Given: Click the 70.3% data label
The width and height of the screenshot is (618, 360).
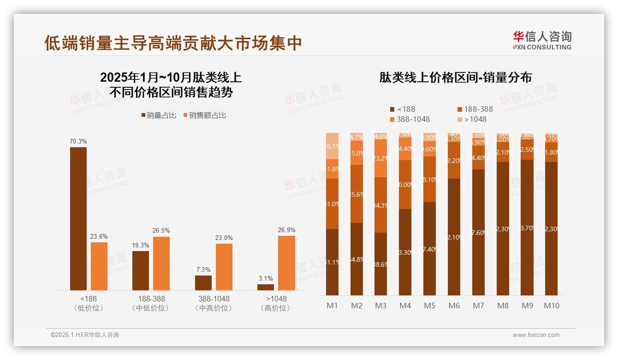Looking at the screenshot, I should (x=78, y=141).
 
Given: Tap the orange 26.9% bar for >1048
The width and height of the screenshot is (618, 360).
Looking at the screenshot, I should (x=286, y=263).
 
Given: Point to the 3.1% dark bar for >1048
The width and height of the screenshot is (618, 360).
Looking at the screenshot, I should (x=266, y=287).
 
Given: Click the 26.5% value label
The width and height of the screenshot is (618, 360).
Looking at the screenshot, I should (x=161, y=230).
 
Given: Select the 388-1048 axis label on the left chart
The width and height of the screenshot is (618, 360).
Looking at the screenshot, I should (x=213, y=299).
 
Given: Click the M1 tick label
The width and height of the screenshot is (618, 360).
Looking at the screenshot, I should (x=332, y=306).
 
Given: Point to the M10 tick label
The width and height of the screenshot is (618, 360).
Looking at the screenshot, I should (x=551, y=306).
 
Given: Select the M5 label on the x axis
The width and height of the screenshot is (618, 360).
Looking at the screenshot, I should (x=429, y=306).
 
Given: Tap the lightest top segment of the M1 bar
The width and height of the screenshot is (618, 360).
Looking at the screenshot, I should (x=332, y=146).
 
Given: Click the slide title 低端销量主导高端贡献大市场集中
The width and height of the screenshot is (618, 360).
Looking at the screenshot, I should (x=173, y=42).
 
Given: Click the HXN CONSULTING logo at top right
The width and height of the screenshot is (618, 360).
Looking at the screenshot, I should (x=542, y=40).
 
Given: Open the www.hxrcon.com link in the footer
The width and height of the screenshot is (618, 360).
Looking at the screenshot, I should (x=536, y=335).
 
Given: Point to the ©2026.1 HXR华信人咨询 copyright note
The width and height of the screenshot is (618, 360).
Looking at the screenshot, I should (x=84, y=335).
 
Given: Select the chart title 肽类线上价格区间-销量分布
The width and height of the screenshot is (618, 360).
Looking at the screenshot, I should (x=455, y=78).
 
